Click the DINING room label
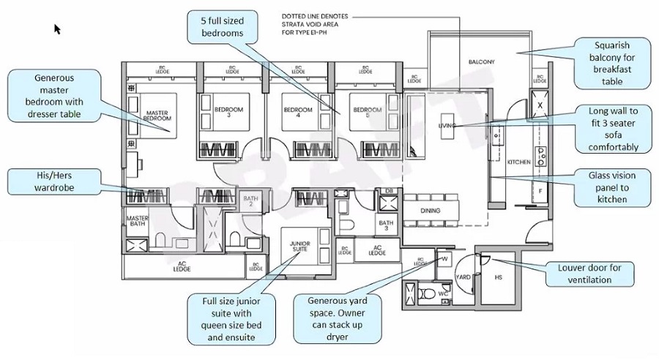point(431,209)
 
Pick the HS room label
point(498,278)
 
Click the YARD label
point(463,277)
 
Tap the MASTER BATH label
point(138,222)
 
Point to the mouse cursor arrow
point(57,29)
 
